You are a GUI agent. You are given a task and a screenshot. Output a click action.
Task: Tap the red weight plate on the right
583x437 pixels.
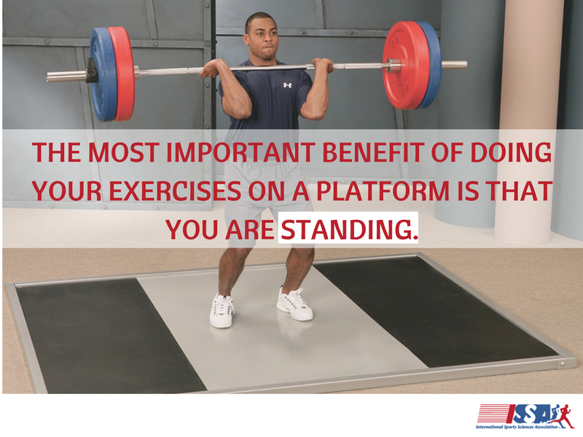[x=407, y=66]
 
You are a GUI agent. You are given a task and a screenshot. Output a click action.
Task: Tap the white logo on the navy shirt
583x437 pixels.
[x=287, y=85]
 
